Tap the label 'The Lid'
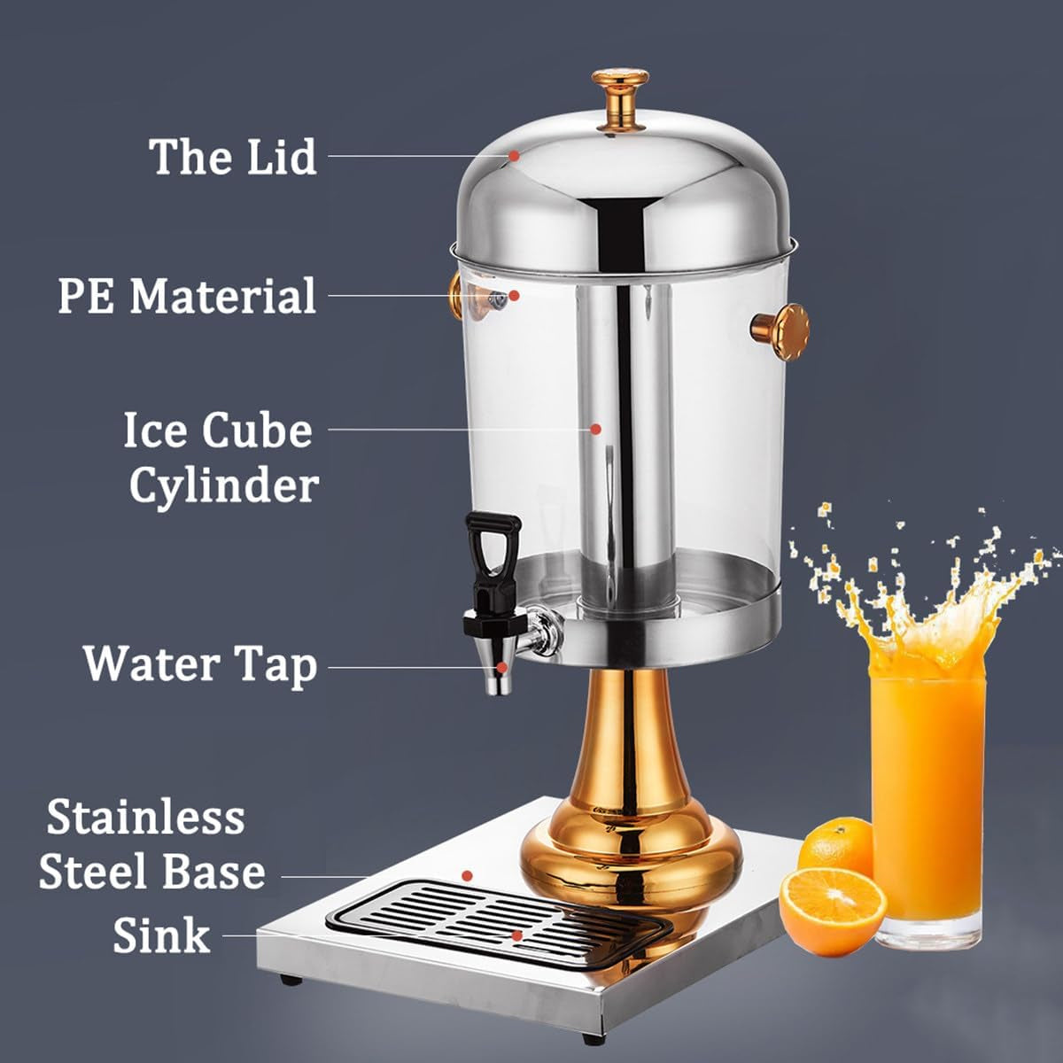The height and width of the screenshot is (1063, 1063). coord(232,157)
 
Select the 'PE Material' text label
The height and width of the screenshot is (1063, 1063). coord(187,296)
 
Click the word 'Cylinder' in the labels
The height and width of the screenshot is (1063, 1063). coord(224,487)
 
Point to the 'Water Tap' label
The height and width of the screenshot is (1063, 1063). coord(200,666)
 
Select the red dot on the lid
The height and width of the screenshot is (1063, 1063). coord(514,156)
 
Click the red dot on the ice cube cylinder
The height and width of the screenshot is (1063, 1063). coord(595,429)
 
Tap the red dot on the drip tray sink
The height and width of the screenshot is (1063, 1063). coord(516,935)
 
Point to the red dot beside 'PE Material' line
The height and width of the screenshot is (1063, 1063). coord(514,296)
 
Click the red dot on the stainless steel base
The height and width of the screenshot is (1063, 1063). coord(467,875)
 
